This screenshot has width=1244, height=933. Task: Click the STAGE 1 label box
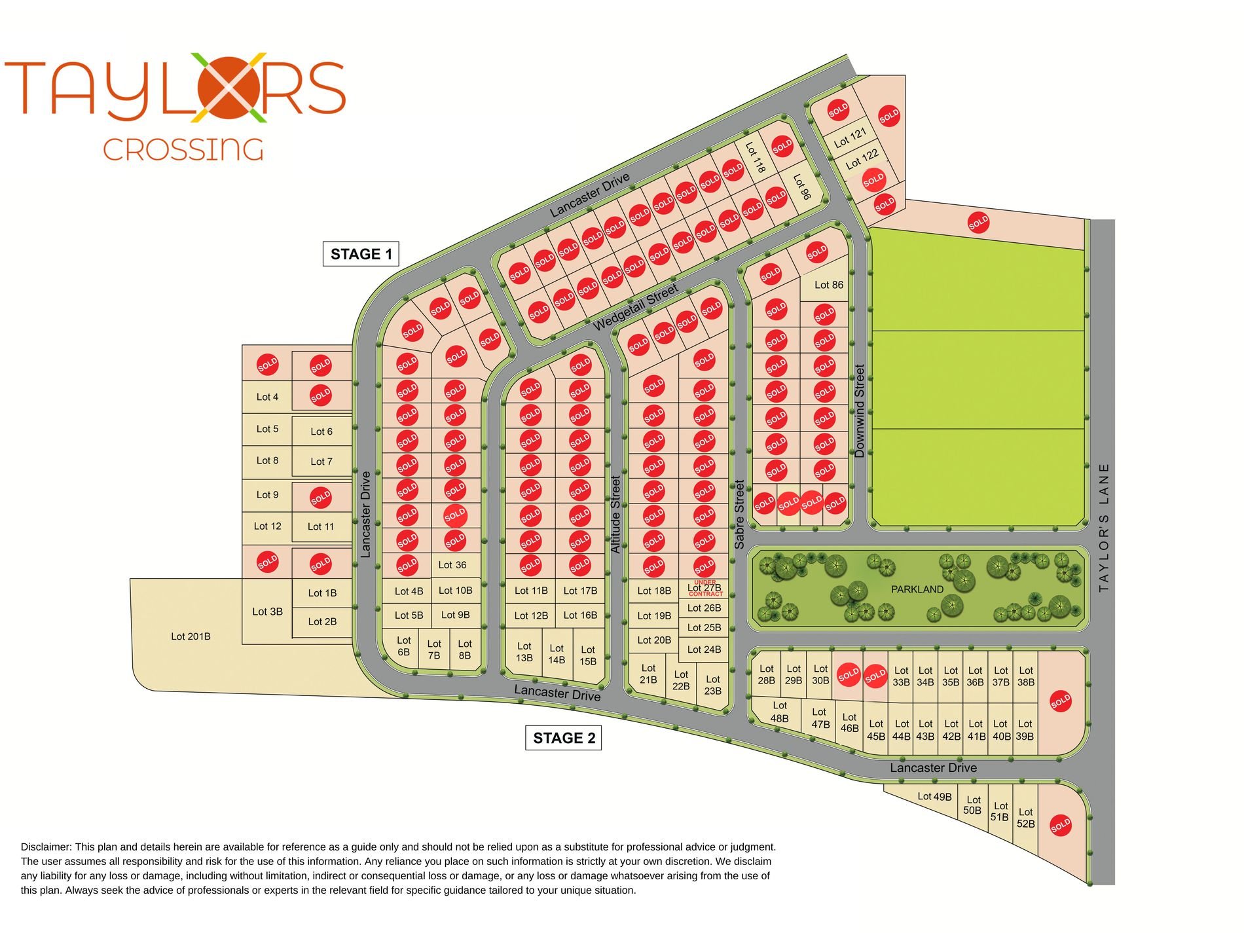[361, 254]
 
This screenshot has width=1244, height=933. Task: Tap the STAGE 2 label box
[564, 738]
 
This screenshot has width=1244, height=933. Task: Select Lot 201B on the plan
[191, 636]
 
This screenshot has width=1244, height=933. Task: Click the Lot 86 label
[828, 285]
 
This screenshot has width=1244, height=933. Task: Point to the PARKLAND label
[917, 589]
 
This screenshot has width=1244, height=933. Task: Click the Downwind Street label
[860, 411]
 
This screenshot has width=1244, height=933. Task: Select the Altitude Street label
[615, 514]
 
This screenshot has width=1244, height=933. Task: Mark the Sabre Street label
[739, 514]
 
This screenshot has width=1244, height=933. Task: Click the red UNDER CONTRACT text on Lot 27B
[705, 588]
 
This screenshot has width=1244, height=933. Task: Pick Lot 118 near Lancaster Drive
[755, 158]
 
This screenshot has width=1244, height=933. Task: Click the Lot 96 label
[801, 187]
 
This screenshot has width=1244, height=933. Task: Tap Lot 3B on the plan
[267, 612]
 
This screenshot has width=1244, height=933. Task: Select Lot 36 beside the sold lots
[452, 564]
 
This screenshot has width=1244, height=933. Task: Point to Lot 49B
[934, 796]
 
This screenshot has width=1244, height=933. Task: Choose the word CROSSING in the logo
[183, 150]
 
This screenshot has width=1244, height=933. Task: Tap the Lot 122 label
[862, 159]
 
